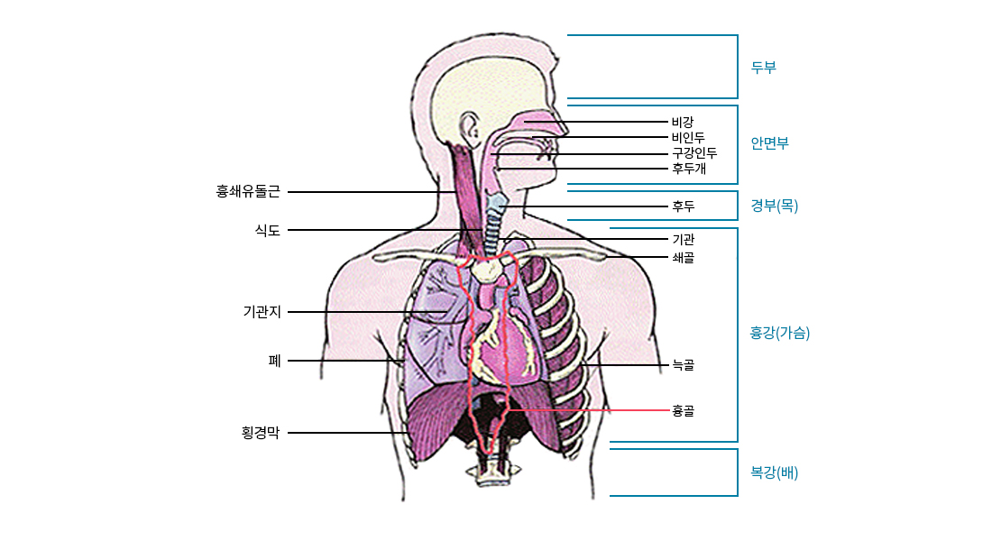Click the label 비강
tap(683, 122)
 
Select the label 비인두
tap(688, 138)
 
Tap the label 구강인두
tap(694, 153)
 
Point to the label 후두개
tap(688, 169)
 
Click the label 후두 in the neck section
tap(683, 206)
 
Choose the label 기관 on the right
tap(683, 240)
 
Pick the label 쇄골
tap(683, 258)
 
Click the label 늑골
tap(683, 365)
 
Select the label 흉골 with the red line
tap(683, 411)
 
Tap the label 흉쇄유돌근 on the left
tap(248, 191)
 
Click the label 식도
tap(268, 231)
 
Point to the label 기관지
tap(262, 312)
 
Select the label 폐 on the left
tap(274, 361)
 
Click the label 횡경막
tap(261, 433)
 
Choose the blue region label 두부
tap(763, 67)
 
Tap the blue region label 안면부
tap(769, 143)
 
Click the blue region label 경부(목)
tap(774, 206)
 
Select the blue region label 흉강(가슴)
tap(780, 333)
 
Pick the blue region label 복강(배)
tap(774, 472)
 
